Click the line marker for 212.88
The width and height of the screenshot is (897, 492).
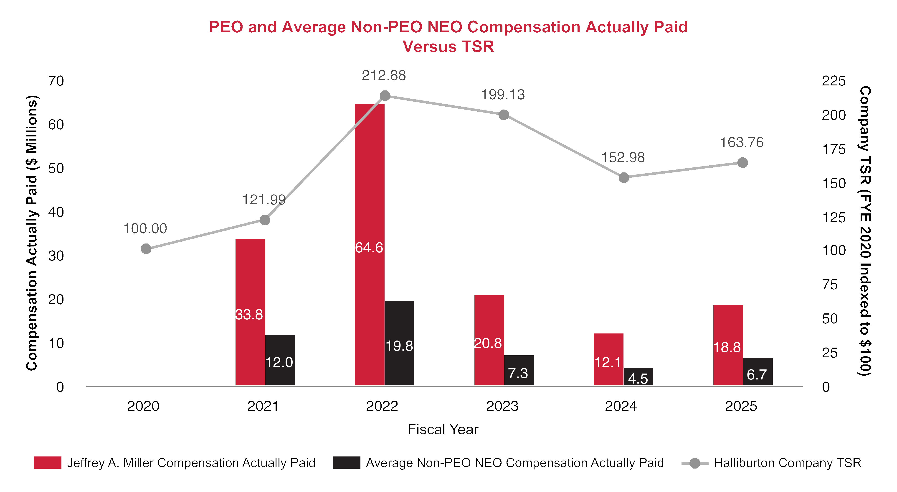click(385, 95)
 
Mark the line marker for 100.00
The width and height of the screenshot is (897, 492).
click(146, 249)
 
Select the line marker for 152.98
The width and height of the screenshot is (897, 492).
click(624, 178)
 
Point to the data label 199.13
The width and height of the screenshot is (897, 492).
click(503, 95)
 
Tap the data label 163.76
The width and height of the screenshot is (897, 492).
click(742, 143)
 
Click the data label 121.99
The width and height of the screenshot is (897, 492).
click(264, 200)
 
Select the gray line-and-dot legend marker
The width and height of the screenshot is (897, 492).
click(695, 463)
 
